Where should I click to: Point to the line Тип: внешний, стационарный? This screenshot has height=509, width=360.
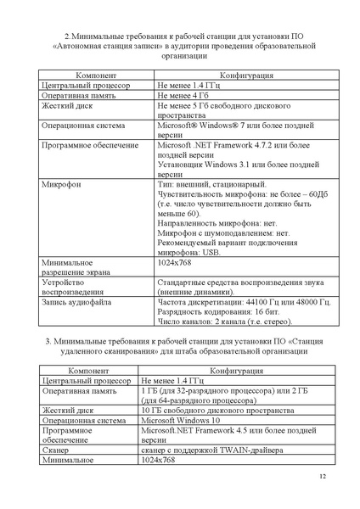(211, 183)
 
